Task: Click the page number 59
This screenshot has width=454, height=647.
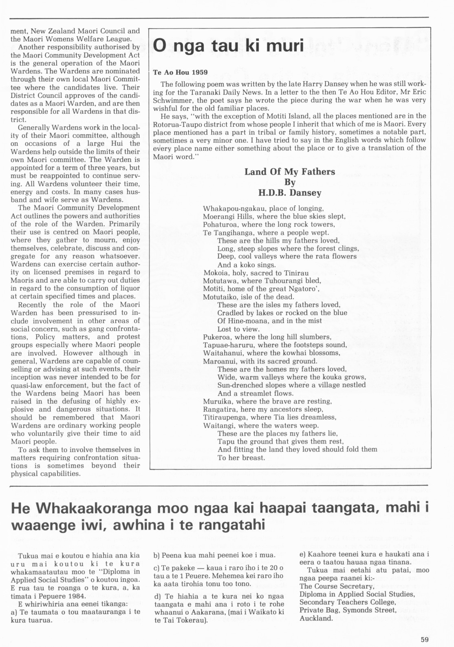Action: [425, 640]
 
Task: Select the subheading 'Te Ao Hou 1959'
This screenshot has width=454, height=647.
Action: [180, 73]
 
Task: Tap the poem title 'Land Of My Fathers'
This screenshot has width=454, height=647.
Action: [289, 172]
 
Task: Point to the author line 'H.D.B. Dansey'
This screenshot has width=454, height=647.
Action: [289, 193]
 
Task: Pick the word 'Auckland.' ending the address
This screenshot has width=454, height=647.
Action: [316, 618]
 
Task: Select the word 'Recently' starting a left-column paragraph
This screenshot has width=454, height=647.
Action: [32, 305]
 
